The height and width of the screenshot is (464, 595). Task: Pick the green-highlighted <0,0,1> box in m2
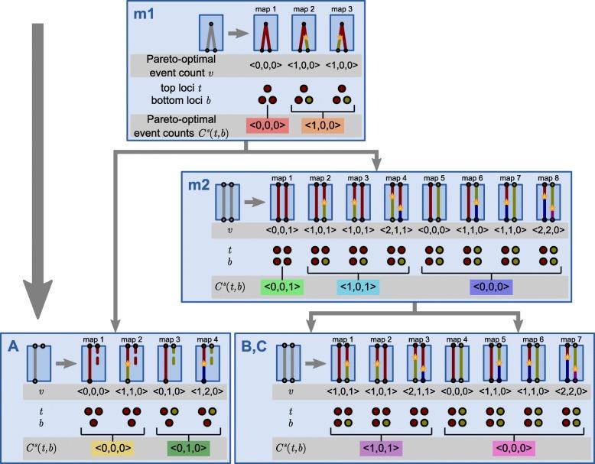tap(282, 287)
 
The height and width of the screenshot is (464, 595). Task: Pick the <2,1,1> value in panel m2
tap(396, 229)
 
